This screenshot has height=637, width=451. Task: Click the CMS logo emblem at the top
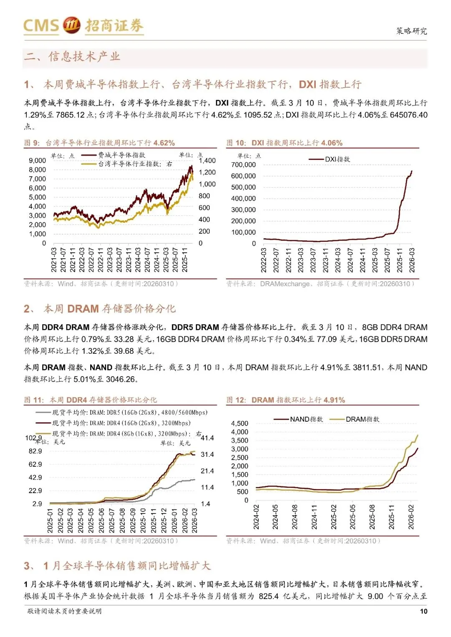(71, 25)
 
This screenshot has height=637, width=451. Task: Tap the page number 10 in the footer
(423, 611)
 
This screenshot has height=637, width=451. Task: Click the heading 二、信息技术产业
(72, 56)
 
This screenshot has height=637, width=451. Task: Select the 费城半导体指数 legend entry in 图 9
(122, 155)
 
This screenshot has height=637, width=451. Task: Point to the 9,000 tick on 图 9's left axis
(37, 161)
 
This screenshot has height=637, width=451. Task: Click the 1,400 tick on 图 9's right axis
(208, 161)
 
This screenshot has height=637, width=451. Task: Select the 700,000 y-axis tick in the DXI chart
(243, 165)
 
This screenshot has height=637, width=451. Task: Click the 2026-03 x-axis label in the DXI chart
(412, 260)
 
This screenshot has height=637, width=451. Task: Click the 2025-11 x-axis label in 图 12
(392, 517)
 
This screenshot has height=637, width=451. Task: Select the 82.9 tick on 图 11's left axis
(35, 451)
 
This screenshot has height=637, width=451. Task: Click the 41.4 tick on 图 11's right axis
(208, 438)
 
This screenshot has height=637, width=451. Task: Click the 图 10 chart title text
(284, 143)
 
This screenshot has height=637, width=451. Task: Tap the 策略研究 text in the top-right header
(411, 31)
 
